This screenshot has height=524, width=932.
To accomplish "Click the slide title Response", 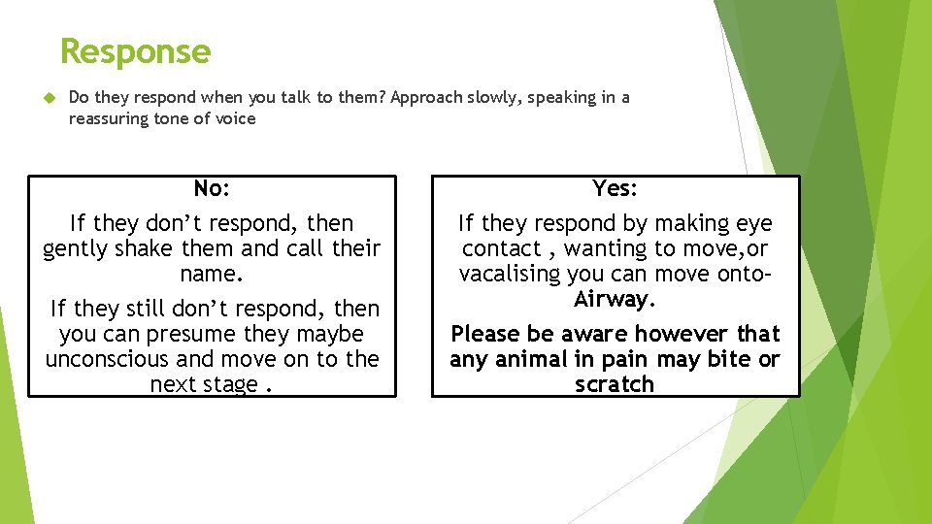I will click(135, 51).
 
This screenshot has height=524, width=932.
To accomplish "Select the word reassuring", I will click(107, 119).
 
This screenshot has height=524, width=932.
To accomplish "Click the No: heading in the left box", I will click(212, 188).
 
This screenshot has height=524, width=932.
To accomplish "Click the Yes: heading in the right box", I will click(615, 188).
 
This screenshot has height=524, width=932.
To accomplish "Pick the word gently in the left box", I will click(79, 248).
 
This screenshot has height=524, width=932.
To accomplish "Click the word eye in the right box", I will click(753, 223).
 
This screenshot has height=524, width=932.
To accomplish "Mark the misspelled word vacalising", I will click(513, 274).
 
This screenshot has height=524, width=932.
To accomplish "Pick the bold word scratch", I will click(615, 384).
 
